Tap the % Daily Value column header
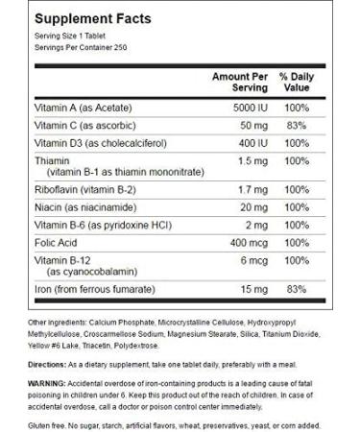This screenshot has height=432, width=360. [297, 80]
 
